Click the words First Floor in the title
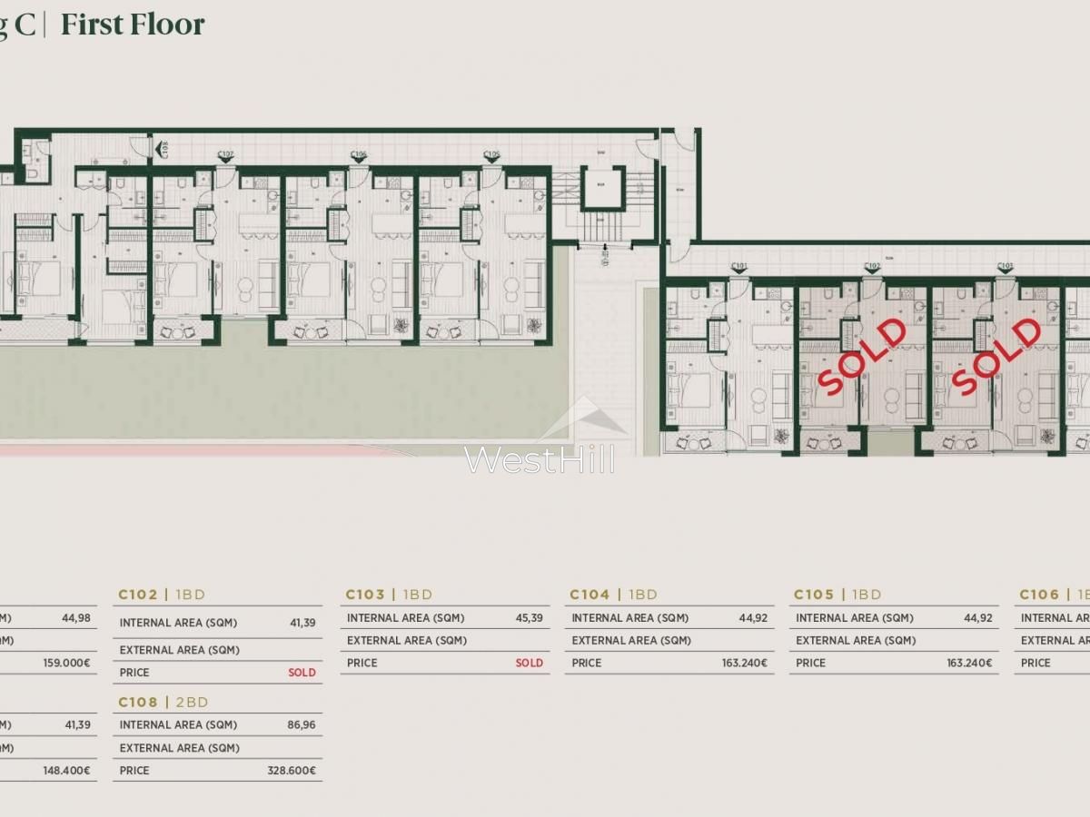click(133, 25)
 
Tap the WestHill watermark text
click(540, 459)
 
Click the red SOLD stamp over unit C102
click(862, 355)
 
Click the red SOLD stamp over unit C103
click(995, 355)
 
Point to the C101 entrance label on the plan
click(739, 267)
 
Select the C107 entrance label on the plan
click(225, 155)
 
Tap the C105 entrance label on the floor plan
click(491, 155)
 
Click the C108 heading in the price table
click(138, 702)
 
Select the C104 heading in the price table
click(590, 595)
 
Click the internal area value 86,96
click(302, 725)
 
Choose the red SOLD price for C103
click(529, 663)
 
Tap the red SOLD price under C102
click(302, 673)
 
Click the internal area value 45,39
click(530, 618)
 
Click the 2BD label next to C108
click(192, 702)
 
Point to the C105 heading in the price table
click(813, 595)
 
